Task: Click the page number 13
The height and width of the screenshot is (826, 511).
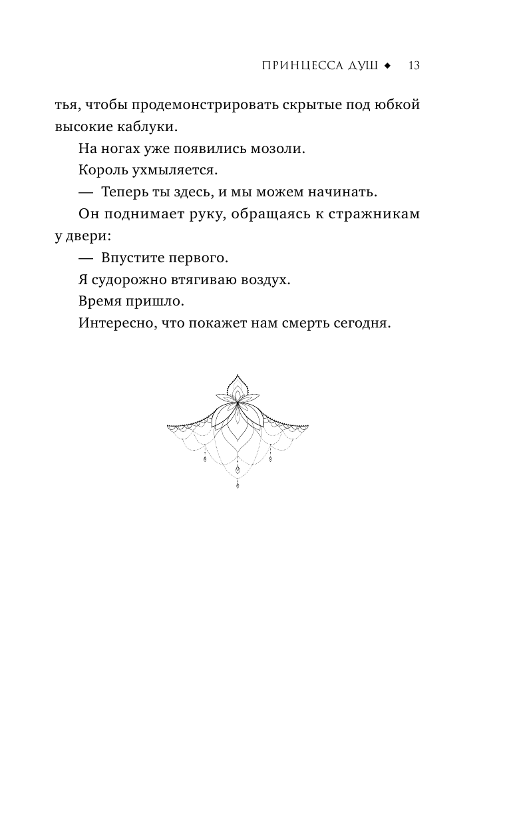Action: point(414,66)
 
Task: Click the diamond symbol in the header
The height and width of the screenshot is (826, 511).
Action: point(388,66)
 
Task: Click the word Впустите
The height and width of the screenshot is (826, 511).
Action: point(132,258)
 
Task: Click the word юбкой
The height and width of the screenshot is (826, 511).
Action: point(398,105)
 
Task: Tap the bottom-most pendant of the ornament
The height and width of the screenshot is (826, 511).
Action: point(238,486)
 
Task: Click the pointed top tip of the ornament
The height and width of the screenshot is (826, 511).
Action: point(238,375)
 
